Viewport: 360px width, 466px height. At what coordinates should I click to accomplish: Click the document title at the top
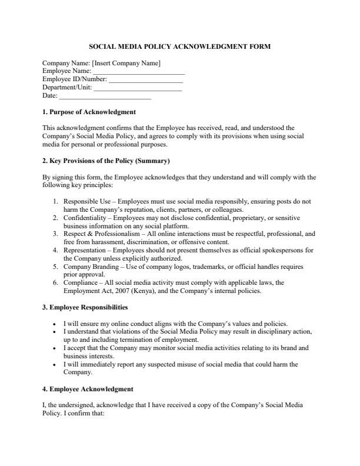(180, 46)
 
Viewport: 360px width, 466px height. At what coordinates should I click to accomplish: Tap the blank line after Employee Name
(143, 72)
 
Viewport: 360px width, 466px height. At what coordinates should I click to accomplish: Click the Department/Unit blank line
(138, 88)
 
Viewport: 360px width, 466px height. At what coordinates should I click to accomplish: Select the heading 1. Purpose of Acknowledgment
(89, 112)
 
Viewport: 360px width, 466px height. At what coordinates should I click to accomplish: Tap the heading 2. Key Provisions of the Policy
(106, 161)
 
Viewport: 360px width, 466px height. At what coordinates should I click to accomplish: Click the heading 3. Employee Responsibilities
(85, 307)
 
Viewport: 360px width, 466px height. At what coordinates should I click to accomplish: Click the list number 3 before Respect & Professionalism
(55, 234)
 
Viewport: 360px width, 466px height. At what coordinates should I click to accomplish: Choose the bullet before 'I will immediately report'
(54, 365)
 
